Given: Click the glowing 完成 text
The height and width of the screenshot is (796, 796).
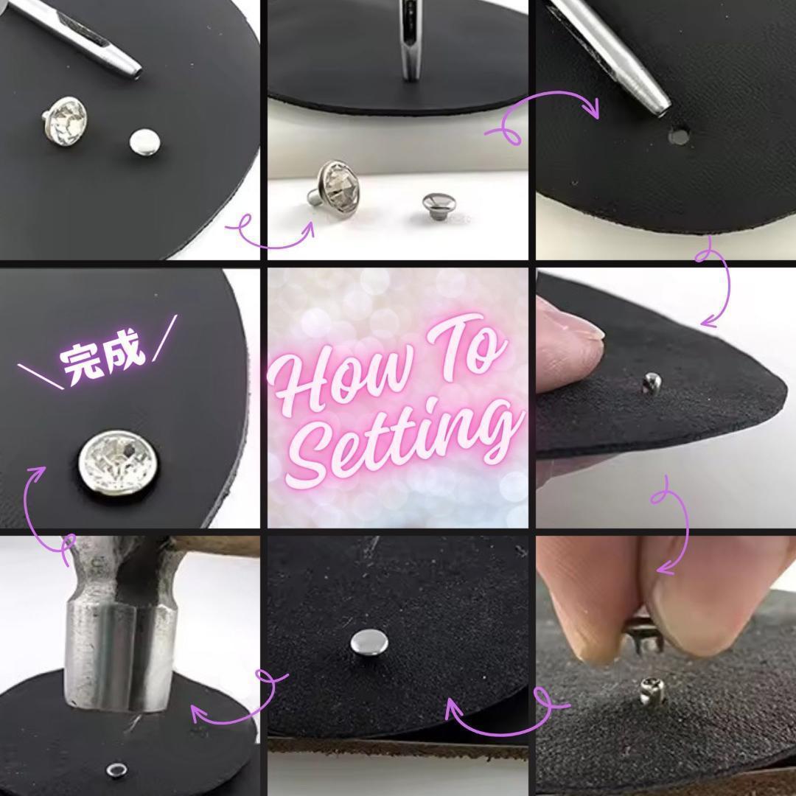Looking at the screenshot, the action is click(102, 355).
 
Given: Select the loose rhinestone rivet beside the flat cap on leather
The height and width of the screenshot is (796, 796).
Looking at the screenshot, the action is click(64, 121).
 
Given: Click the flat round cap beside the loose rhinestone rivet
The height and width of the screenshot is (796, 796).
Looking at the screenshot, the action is click(144, 142).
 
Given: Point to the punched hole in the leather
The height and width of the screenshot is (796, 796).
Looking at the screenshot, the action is click(678, 136).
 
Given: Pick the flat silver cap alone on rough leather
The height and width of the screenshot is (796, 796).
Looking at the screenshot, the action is click(369, 642).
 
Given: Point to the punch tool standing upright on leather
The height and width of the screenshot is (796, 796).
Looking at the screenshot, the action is click(409, 41).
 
